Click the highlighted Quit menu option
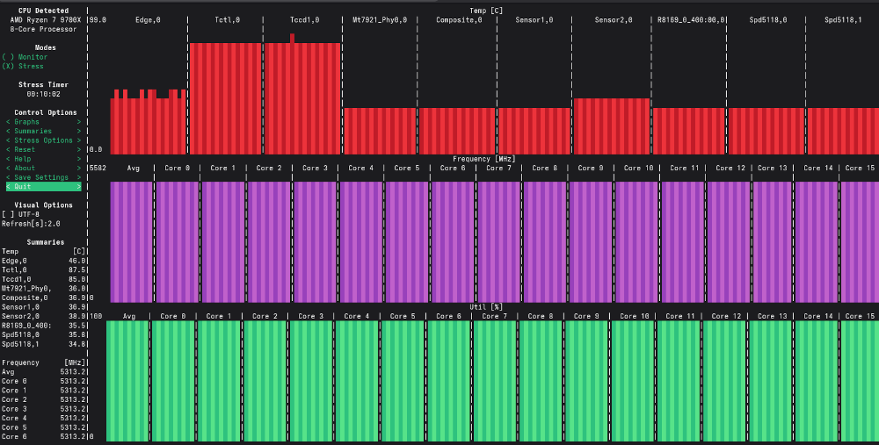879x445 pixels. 43,187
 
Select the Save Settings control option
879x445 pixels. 43,177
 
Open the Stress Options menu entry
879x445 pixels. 43,140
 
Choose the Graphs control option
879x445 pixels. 43,122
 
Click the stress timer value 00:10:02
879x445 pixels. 43,94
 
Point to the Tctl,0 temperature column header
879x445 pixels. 227,19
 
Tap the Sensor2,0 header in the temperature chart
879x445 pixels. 613,19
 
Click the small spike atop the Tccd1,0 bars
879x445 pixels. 292,38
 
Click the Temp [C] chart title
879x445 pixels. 486,10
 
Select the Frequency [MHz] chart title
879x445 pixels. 483,159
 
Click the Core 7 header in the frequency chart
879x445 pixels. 498,168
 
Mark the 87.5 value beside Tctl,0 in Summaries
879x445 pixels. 77,269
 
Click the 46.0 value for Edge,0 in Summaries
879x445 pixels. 77,261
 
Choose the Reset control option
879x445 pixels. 43,149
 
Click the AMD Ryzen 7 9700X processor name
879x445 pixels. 40,19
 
